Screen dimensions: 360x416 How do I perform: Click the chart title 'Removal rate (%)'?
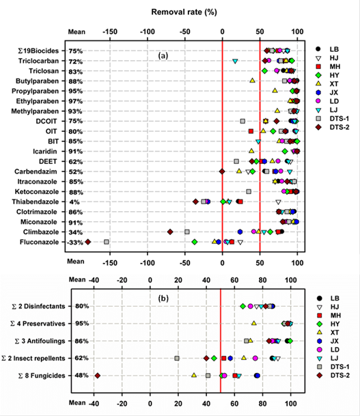click(184, 12)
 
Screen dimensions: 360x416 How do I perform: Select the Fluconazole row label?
click(39, 242)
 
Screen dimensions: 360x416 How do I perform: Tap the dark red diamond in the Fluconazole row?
click(88, 242)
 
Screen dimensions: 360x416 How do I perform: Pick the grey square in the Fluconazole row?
click(107, 242)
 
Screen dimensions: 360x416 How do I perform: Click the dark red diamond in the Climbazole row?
click(170, 232)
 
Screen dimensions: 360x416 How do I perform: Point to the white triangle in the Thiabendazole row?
click(278, 202)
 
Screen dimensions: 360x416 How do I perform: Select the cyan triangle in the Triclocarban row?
click(235, 61)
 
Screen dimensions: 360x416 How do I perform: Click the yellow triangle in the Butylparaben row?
click(252, 80)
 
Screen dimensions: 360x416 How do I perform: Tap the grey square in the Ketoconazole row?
click(249, 191)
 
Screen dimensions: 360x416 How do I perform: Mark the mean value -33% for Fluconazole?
click(75, 242)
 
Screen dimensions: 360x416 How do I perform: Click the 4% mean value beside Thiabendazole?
click(74, 202)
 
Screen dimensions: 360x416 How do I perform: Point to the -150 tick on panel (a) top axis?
click(110, 32)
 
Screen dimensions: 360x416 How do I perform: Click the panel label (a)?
click(163, 56)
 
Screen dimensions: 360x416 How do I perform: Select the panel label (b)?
click(163, 299)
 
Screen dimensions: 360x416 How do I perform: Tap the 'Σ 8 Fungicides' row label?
click(42, 376)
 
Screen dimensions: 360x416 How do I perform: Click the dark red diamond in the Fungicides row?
click(98, 376)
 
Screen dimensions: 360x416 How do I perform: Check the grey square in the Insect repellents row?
click(177, 358)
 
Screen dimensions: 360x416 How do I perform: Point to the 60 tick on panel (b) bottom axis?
click(234, 404)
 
